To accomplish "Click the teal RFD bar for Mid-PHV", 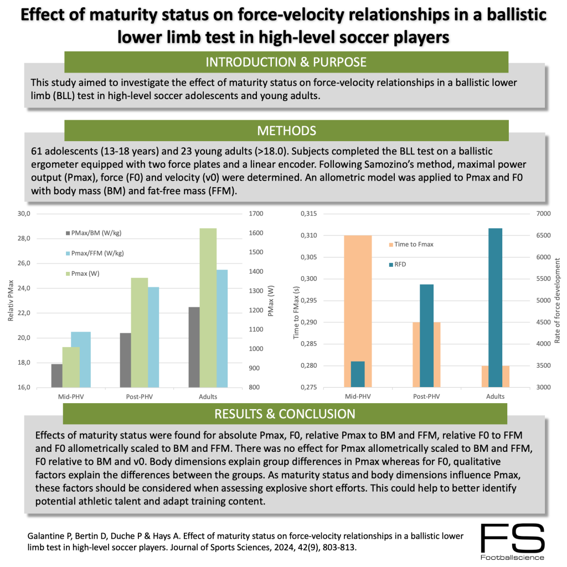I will click(358, 374).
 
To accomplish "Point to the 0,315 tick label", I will click(311, 214).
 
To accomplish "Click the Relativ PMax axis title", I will click(10, 301).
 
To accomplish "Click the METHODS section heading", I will click(286, 131).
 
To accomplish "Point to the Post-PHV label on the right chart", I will click(426, 396).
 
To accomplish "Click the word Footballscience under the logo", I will click(513, 557).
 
